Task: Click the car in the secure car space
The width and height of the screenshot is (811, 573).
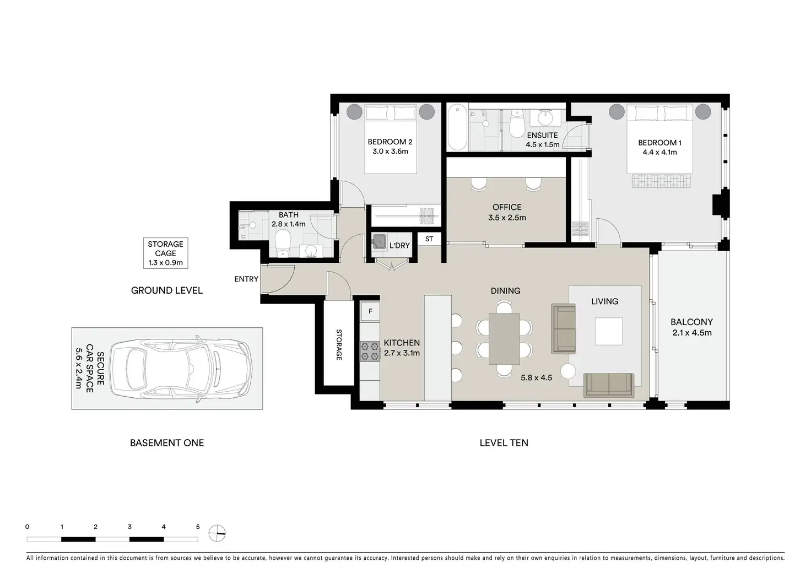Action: point(181,369)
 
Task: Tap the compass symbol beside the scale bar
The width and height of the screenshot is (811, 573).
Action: point(217,533)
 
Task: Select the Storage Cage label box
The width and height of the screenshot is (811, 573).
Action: point(165,253)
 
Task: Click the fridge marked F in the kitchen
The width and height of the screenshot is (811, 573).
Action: point(370,311)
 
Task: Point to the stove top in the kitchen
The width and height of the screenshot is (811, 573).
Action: point(370,352)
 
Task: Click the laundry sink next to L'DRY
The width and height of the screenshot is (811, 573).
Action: point(379,241)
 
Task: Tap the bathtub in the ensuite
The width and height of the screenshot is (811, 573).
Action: point(457,127)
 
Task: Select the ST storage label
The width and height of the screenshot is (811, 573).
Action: point(429,239)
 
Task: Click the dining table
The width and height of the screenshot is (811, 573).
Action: point(504,338)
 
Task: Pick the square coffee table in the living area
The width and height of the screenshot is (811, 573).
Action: point(609,331)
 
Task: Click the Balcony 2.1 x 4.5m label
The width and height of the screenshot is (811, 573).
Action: point(692,327)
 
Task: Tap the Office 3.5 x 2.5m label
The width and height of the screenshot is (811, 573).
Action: point(507,212)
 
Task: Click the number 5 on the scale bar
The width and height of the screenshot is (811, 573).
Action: point(198,527)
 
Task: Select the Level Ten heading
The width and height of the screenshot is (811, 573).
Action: point(504,442)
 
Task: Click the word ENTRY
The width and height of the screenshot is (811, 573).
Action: point(246,279)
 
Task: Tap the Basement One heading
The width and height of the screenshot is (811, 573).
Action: point(167,442)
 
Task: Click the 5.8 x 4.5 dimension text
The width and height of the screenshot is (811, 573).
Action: point(536,378)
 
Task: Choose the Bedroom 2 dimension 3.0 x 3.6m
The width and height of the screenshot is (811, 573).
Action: point(390,152)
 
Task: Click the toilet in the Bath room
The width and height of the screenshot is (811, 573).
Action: point(283,243)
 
